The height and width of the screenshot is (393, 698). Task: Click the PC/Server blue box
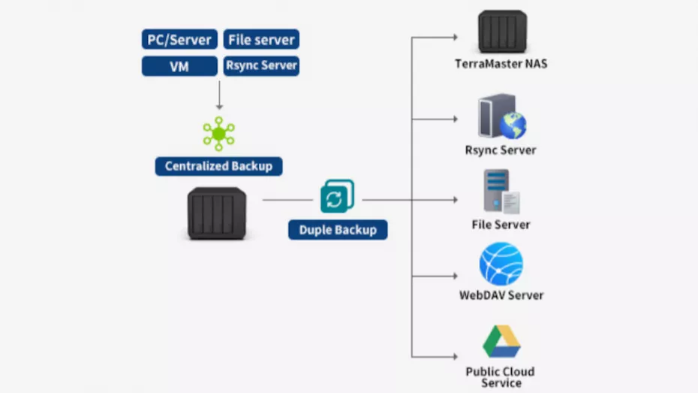tap(179, 39)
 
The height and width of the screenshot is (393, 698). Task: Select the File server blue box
tap(261, 39)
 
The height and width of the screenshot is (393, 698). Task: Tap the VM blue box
tap(179, 66)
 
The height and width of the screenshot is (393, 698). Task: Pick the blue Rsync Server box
tap(261, 66)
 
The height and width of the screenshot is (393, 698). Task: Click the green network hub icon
tap(218, 134)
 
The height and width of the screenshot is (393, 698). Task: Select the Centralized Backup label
tap(218, 166)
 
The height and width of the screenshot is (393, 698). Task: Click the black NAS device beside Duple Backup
tap(216, 213)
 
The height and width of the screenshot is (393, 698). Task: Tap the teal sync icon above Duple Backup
tap(337, 197)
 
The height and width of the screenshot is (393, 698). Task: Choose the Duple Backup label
tap(338, 229)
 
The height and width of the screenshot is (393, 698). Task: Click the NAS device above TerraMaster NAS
tap(502, 32)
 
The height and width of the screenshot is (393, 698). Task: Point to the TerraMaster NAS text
tap(501, 64)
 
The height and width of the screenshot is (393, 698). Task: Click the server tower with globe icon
tap(501, 117)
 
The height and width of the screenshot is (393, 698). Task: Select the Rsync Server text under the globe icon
tap(501, 150)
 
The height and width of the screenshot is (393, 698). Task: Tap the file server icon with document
tap(501, 192)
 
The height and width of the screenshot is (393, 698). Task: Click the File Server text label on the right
tap(501, 225)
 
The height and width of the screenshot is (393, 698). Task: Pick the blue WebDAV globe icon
tap(501, 264)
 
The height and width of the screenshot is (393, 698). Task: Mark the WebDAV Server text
tap(501, 295)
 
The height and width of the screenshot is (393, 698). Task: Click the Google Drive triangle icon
tap(501, 342)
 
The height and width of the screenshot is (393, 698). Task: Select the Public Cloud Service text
tap(501, 377)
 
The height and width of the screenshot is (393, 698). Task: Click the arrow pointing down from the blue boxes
tap(219, 95)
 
